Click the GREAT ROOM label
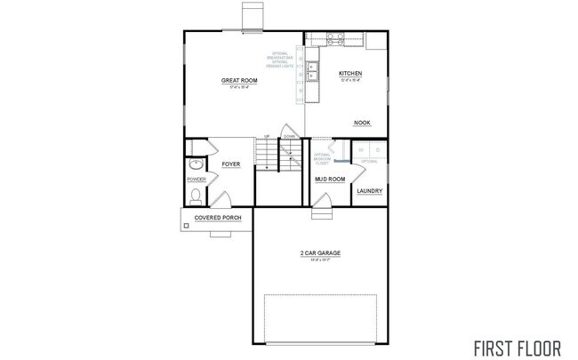[x=235, y=81]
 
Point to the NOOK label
[x=362, y=124]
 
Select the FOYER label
[x=230, y=164]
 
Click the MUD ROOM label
[x=330, y=179]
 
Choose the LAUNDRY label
[x=369, y=190]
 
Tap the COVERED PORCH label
[x=218, y=217]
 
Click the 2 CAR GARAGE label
[x=319, y=253]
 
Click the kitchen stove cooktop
[x=335, y=37]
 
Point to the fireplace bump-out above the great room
[x=252, y=16]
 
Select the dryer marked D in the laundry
[x=377, y=150]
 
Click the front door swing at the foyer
[x=224, y=199]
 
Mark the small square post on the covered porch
[x=187, y=226]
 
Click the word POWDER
[x=197, y=179]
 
